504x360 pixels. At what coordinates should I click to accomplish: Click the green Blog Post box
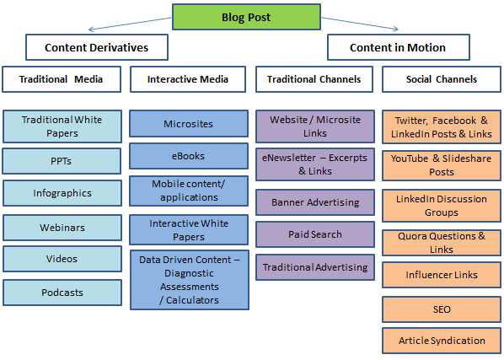[x=246, y=16]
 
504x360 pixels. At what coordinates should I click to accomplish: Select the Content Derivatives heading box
[x=97, y=47]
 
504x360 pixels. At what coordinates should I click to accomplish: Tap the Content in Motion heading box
[x=398, y=47]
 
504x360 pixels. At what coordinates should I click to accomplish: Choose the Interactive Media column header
[x=189, y=79]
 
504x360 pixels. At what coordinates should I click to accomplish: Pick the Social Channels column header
[x=441, y=79]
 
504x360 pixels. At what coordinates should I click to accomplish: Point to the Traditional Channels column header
[x=314, y=79]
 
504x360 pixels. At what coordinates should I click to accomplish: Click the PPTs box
[x=62, y=160]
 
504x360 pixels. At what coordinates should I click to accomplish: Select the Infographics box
[x=62, y=193]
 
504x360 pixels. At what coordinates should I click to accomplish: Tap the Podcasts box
[x=62, y=292]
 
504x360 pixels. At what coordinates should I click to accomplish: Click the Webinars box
[x=62, y=228]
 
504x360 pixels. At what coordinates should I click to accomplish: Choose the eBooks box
[x=189, y=156]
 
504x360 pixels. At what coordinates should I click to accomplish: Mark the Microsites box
[x=189, y=124]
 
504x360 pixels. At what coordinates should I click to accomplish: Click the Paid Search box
[x=314, y=234]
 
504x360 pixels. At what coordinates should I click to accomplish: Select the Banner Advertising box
[x=314, y=202]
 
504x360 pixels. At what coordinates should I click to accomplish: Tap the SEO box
[x=441, y=309]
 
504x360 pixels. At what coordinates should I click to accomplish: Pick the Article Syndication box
[x=441, y=341]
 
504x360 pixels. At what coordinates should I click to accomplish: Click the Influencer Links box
[x=441, y=275]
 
